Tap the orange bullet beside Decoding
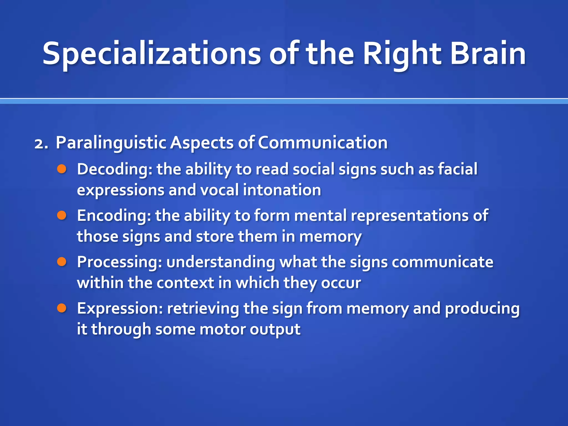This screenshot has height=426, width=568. tap(62, 169)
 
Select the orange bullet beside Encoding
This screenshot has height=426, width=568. tap(62, 215)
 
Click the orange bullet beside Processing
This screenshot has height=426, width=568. tap(62, 262)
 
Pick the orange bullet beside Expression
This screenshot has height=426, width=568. tap(62, 308)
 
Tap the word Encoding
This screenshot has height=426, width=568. tap(114, 216)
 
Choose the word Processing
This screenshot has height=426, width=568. tap(119, 262)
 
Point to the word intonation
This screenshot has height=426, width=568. tap(282, 190)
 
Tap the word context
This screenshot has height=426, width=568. tap(185, 283)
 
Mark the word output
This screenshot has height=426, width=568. tap(275, 329)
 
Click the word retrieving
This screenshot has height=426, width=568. tap(203, 308)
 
